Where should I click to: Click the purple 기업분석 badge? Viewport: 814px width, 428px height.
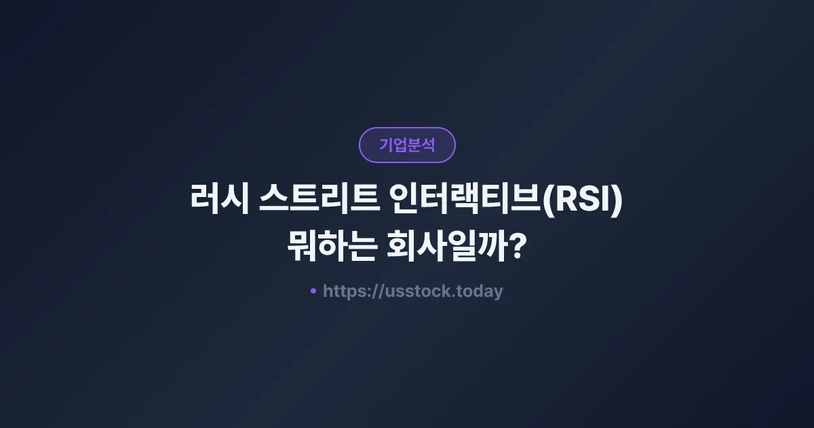[407, 145]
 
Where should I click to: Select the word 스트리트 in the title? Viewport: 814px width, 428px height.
[322, 202]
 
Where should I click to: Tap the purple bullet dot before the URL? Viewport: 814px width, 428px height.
[313, 291]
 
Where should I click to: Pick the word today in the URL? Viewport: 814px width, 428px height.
[481, 291]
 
